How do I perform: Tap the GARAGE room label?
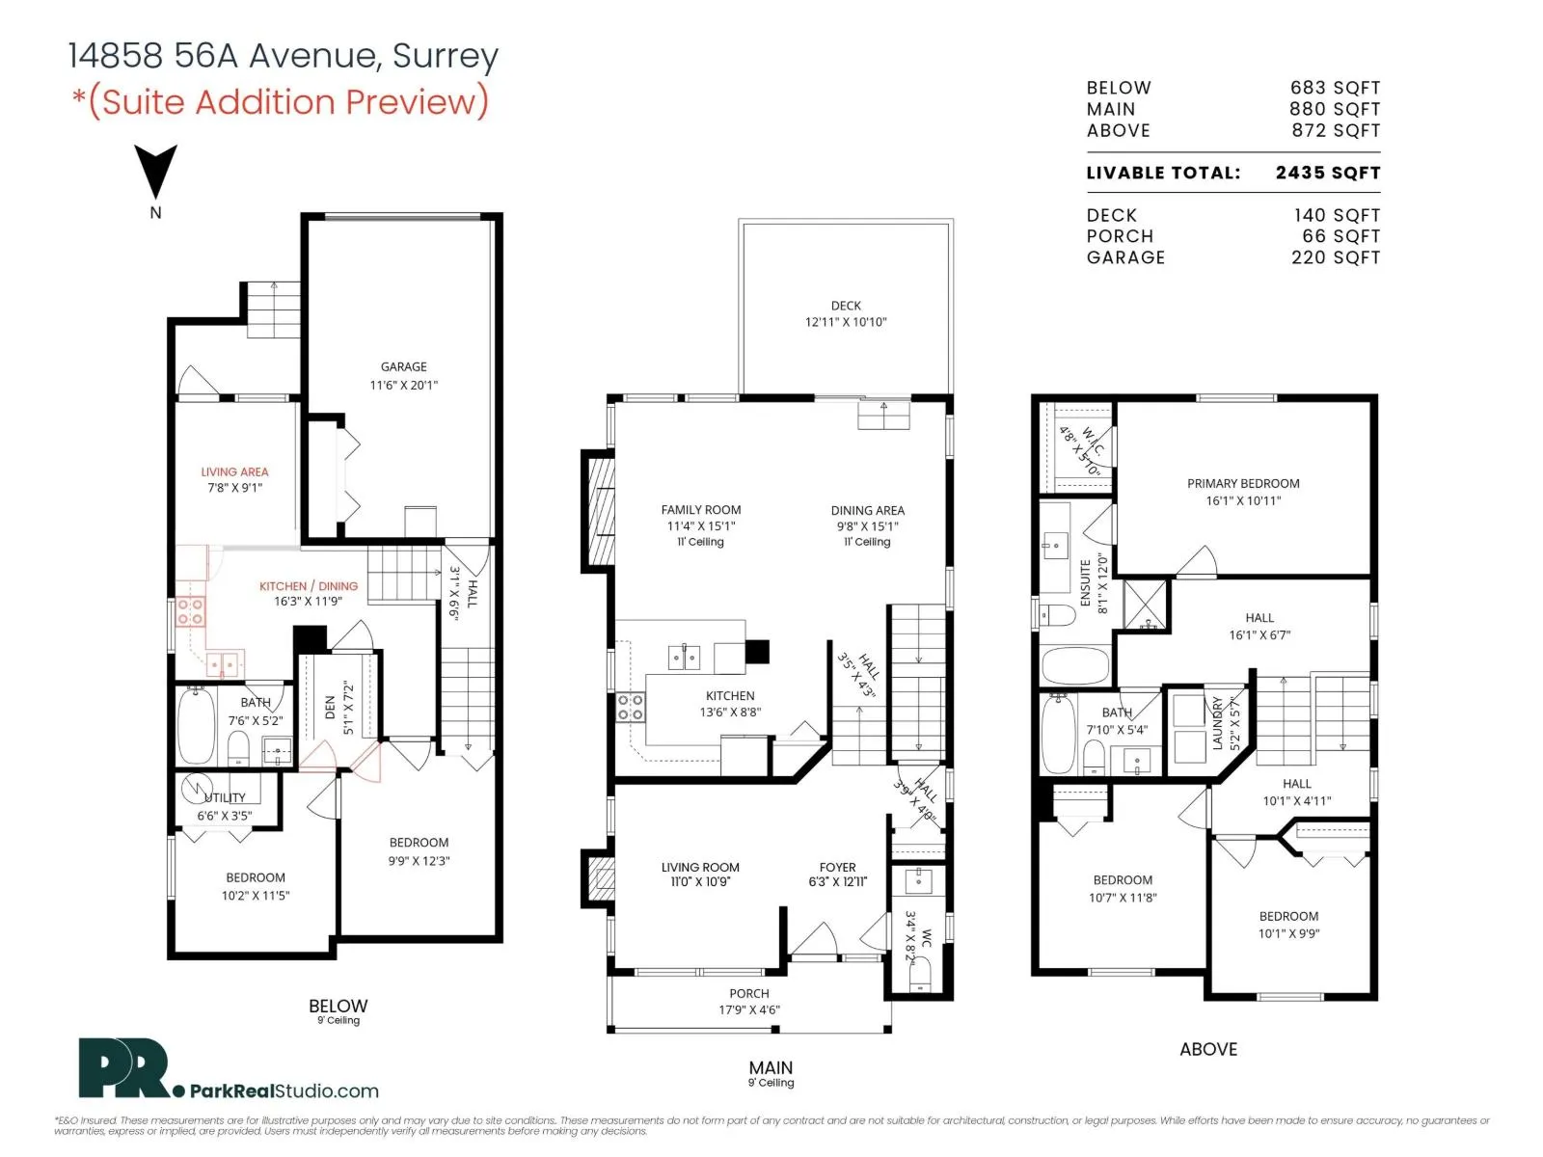point(403,366)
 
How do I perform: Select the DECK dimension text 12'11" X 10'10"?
point(846,322)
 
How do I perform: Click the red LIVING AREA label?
point(234,472)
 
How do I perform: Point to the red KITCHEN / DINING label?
point(309,586)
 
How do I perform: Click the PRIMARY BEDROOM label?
point(1243,483)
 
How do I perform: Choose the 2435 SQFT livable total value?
point(1328,173)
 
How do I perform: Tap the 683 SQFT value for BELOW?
point(1335,88)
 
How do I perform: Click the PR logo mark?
point(123,1067)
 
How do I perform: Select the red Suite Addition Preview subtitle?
point(281,102)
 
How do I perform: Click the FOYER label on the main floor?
point(837,868)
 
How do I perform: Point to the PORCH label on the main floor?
point(749,993)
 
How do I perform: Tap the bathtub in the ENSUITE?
point(1075,665)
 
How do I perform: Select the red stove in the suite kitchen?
point(191,611)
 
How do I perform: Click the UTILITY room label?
point(225,797)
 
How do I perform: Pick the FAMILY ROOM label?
point(701,510)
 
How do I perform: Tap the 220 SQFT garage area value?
point(1336,257)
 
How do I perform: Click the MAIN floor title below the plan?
point(771,1067)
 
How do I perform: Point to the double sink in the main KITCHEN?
point(684,658)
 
